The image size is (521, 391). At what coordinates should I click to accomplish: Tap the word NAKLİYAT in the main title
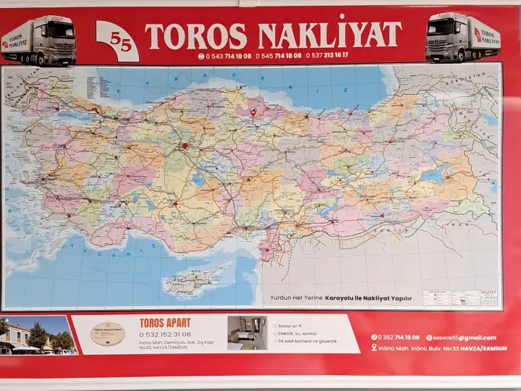tap(329, 35)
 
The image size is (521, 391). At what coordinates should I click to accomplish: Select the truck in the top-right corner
tap(463, 38)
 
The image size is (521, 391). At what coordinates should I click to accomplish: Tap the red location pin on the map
tap(253, 112)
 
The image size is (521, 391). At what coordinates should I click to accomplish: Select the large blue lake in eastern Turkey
tap(436, 174)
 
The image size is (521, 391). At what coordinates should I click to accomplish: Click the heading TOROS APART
tap(165, 322)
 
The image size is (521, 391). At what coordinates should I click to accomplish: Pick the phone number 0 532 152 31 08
tap(164, 335)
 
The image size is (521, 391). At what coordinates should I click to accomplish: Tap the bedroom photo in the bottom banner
tap(247, 333)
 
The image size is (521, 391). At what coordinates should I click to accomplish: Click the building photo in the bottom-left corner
tap(38, 335)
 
